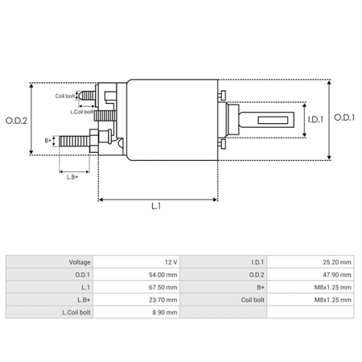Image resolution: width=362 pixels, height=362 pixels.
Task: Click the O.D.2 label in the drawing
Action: click(x=19, y=121)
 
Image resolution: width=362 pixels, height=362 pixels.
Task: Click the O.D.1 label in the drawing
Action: click(x=345, y=121)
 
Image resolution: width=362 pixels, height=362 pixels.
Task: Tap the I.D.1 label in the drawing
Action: click(x=316, y=121)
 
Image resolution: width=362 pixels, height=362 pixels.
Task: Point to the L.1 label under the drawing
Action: click(x=157, y=206)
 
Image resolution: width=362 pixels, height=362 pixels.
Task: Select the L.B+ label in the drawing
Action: click(x=72, y=176)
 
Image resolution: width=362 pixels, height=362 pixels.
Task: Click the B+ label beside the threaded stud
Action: click(x=47, y=140)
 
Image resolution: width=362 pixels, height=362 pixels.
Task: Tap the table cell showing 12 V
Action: click(x=170, y=262)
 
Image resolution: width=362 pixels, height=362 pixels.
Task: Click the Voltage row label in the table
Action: click(x=79, y=262)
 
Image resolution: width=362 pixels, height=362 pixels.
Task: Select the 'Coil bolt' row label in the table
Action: click(x=247, y=299)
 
